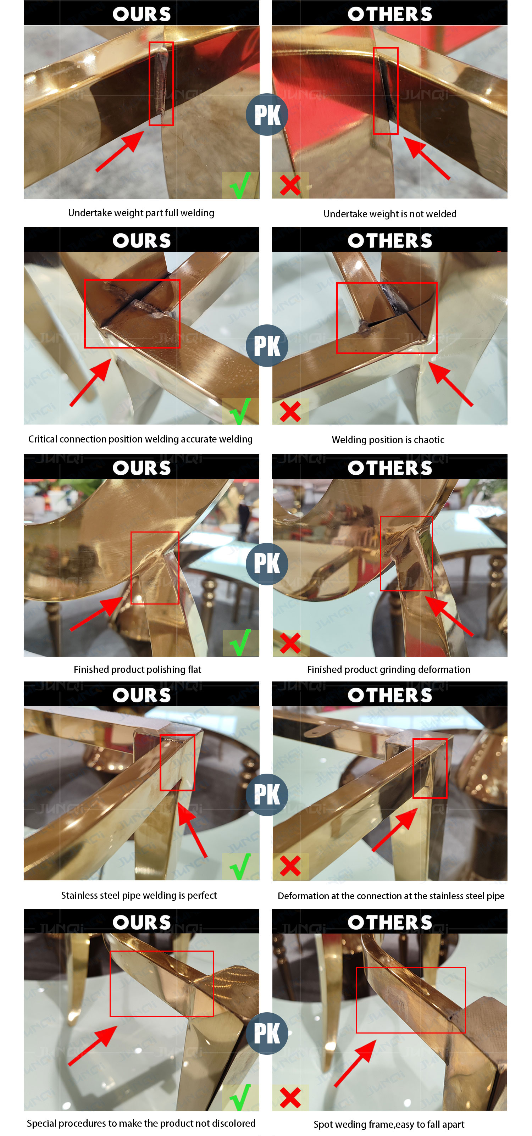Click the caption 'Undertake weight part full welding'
tap(141, 213)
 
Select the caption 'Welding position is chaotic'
tap(388, 440)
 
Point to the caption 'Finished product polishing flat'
tap(137, 669)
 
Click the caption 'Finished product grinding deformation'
tap(389, 669)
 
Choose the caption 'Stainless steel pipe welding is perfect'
tap(139, 895)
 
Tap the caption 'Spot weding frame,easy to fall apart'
tap(389, 1124)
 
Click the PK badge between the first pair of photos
tap(267, 115)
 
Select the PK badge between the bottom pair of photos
tap(267, 1033)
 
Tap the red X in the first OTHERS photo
tap(290, 185)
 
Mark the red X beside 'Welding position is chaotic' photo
tap(290, 411)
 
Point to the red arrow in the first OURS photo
tap(120, 151)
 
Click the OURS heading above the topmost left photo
tap(142, 14)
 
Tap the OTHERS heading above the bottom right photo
tap(390, 922)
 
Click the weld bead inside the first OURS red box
tap(161, 84)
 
